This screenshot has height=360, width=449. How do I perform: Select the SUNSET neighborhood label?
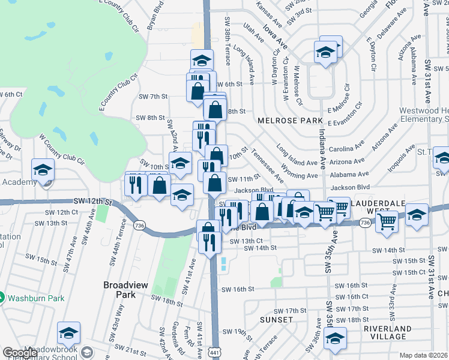277,320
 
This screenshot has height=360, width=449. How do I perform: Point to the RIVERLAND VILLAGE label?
388,332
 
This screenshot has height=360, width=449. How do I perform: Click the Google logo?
20,353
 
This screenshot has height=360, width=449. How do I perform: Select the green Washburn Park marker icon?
2,296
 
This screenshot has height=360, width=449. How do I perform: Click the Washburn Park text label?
31,296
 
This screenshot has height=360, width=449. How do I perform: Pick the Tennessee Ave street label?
267,164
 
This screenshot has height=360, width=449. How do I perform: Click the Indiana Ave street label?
322,149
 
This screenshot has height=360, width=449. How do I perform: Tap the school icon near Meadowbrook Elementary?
68,334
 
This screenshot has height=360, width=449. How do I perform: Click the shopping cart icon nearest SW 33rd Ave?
387,221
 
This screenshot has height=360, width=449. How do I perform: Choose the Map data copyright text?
424,355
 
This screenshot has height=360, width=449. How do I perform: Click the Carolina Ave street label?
351,146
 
